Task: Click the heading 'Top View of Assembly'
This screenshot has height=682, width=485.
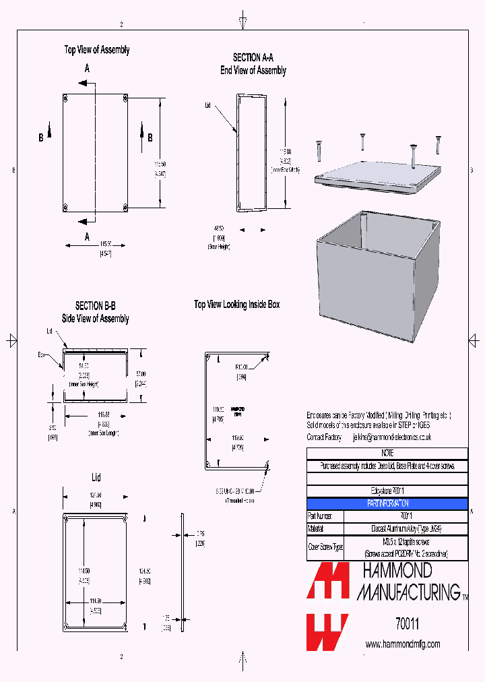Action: tap(97, 50)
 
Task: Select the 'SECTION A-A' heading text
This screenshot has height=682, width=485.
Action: tap(253, 58)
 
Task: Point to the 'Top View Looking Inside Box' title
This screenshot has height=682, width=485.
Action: tap(236, 305)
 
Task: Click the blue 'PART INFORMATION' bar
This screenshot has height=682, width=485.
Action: tap(387, 503)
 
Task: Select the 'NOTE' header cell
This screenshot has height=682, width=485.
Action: tap(387, 454)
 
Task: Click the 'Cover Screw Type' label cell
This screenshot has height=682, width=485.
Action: tap(325, 547)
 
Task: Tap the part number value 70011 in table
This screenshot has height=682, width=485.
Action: tap(406, 516)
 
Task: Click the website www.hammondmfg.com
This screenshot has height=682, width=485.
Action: tap(403, 644)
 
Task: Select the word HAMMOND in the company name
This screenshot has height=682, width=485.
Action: tap(397, 571)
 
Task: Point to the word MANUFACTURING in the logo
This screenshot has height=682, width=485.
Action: tap(407, 592)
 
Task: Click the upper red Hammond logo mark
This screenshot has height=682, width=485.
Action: tap(328, 581)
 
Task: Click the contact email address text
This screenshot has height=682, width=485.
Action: tap(391, 437)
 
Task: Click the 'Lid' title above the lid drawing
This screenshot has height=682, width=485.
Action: tap(96, 478)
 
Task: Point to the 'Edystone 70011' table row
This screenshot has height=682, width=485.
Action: tap(387, 491)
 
